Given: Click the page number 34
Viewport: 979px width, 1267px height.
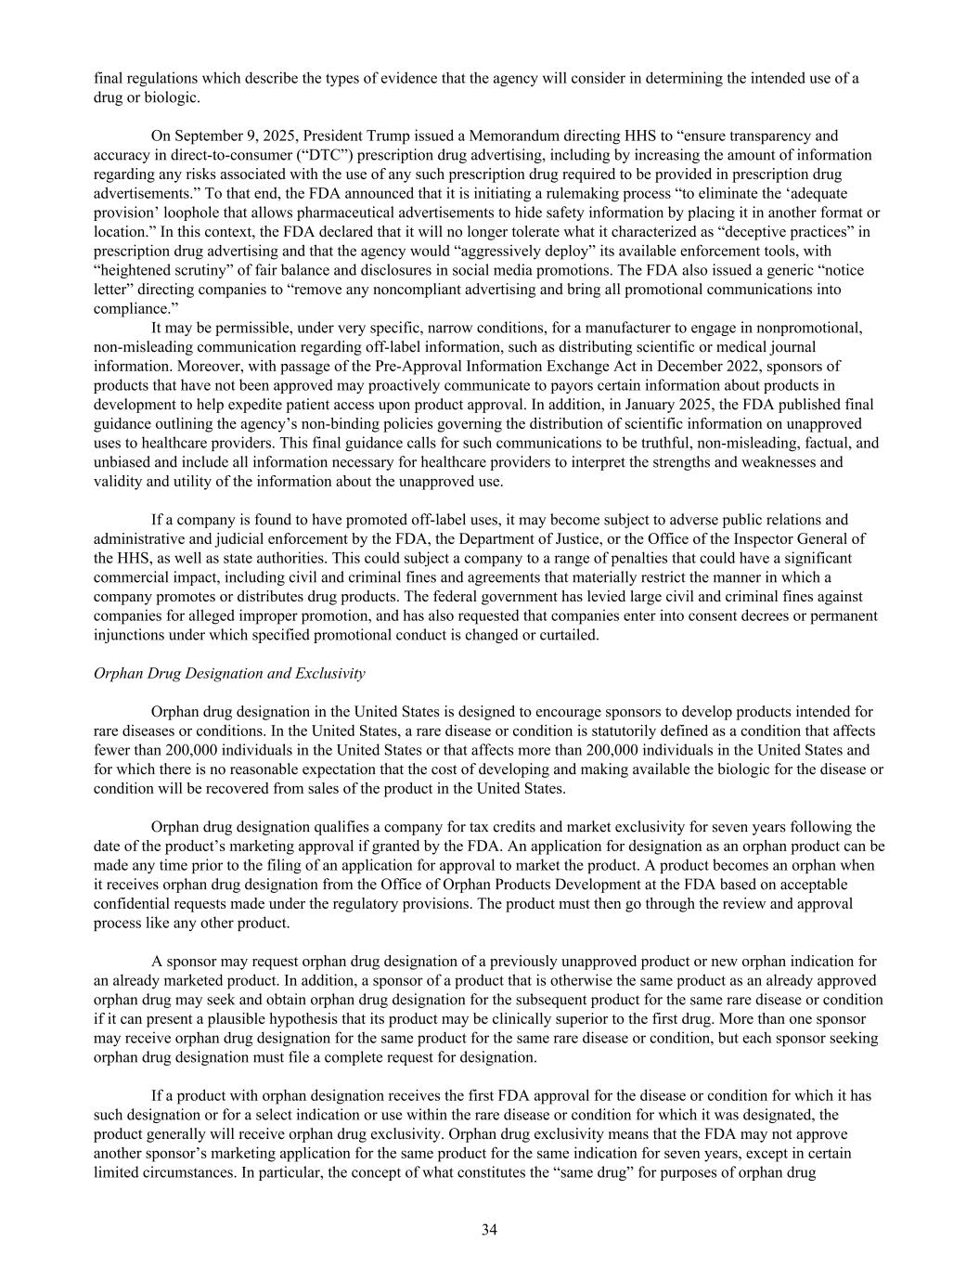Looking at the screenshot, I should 489,1230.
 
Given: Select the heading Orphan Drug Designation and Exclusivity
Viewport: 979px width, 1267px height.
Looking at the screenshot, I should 229,673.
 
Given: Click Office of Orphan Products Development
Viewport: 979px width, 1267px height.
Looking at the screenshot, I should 507,885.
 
